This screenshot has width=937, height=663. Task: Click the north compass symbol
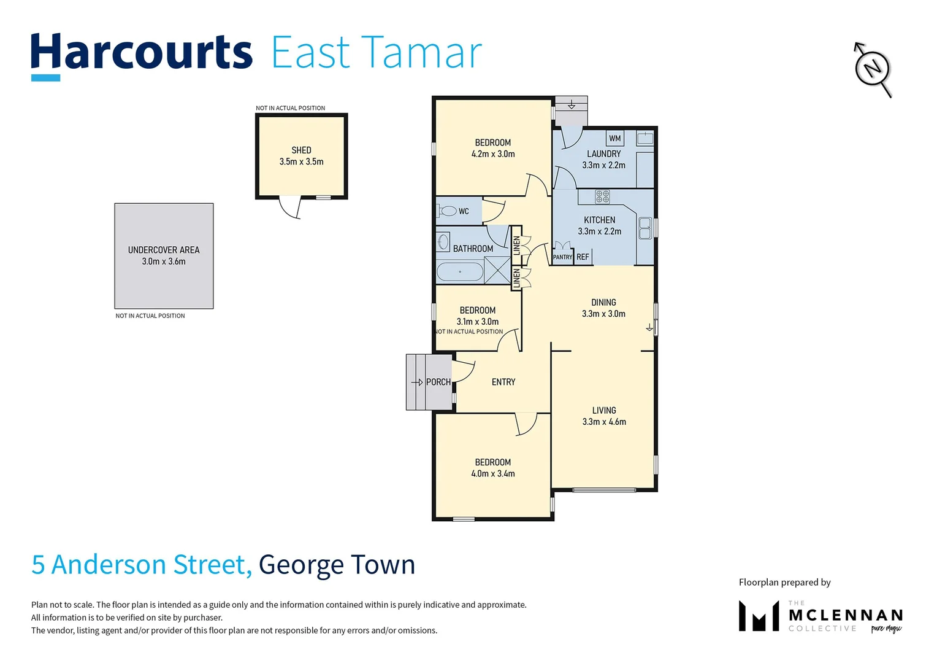click(x=873, y=68)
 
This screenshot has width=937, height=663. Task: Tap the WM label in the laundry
click(x=614, y=138)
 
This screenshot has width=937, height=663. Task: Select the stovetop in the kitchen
click(x=602, y=196)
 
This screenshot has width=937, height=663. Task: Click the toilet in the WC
click(x=447, y=211)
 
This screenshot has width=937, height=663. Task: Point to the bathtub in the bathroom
click(x=460, y=272)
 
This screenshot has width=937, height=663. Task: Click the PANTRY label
click(x=562, y=257)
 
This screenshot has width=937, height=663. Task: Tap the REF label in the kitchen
click(x=583, y=257)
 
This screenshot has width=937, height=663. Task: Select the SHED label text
click(x=301, y=150)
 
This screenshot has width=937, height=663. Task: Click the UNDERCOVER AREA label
click(x=164, y=250)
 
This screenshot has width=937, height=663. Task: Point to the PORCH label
click(x=438, y=382)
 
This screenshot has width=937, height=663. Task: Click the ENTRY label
click(x=503, y=382)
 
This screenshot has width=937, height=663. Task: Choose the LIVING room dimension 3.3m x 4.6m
click(x=604, y=422)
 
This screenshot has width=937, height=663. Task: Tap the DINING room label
click(x=603, y=302)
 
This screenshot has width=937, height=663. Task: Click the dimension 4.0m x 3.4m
click(x=493, y=474)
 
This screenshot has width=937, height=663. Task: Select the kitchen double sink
click(x=644, y=228)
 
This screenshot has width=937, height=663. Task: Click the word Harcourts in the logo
click(x=142, y=53)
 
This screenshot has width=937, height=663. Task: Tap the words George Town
click(x=337, y=565)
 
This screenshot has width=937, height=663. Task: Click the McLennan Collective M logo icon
click(x=759, y=616)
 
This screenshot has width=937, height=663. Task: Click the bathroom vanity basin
click(x=443, y=242)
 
